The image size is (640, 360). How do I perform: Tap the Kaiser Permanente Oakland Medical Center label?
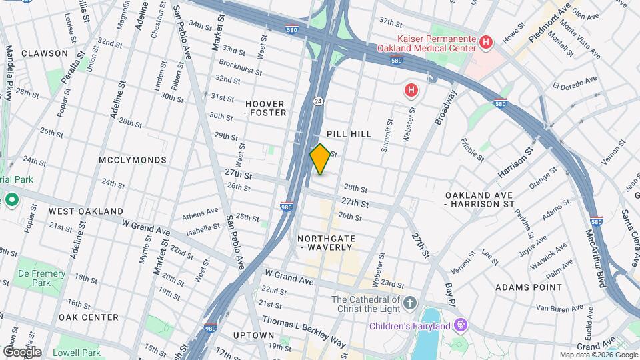tap(427, 43)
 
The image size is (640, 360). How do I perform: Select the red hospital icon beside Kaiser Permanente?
tap(486, 43)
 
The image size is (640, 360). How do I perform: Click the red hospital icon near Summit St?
tap(411, 90)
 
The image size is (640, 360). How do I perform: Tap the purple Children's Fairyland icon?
tap(460, 325)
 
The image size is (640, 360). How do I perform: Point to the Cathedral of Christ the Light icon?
tap(410, 303)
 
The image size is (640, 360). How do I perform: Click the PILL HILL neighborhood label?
tap(349, 134)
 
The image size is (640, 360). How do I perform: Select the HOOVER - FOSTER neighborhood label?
tap(265, 108)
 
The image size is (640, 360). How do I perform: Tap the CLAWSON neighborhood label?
tap(44, 53)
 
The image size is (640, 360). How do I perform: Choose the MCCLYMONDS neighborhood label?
tap(132, 160)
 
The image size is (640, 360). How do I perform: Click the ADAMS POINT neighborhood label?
tap(529, 287)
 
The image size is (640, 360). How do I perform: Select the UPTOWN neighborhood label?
tap(255, 335)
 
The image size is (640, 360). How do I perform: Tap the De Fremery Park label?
tap(41, 278)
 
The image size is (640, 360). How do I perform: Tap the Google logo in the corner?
tap(22, 351)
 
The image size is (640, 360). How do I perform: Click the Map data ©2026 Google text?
tap(598, 355)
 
